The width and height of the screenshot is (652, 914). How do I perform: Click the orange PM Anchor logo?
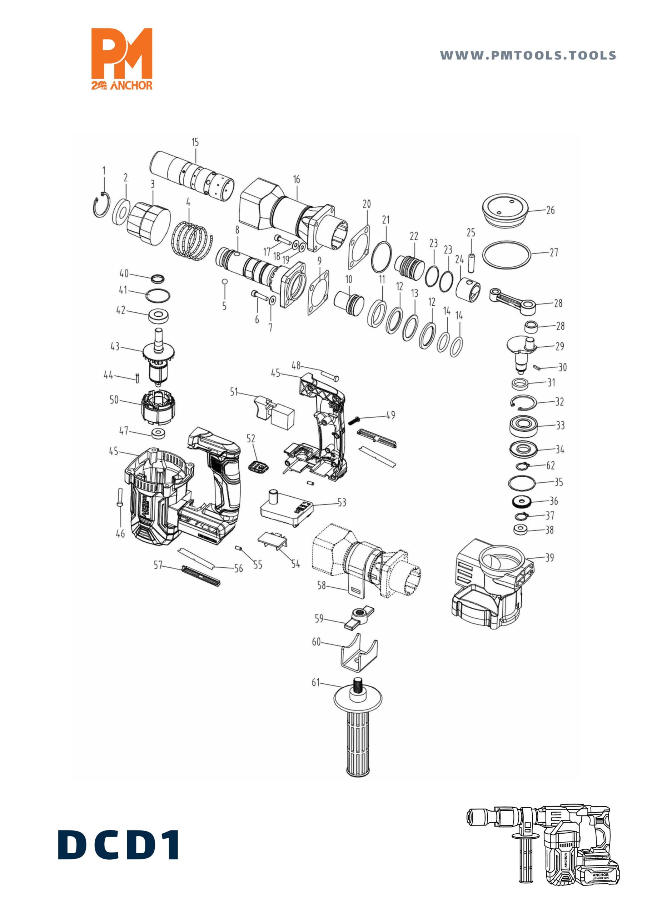pos(122,59)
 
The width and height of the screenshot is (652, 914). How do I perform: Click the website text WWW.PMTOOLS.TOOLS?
pos(528,55)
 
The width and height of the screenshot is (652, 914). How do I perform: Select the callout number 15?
pos(195,142)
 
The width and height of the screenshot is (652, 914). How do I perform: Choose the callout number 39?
pos(549,557)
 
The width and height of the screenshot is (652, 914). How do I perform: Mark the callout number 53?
pos(342,502)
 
